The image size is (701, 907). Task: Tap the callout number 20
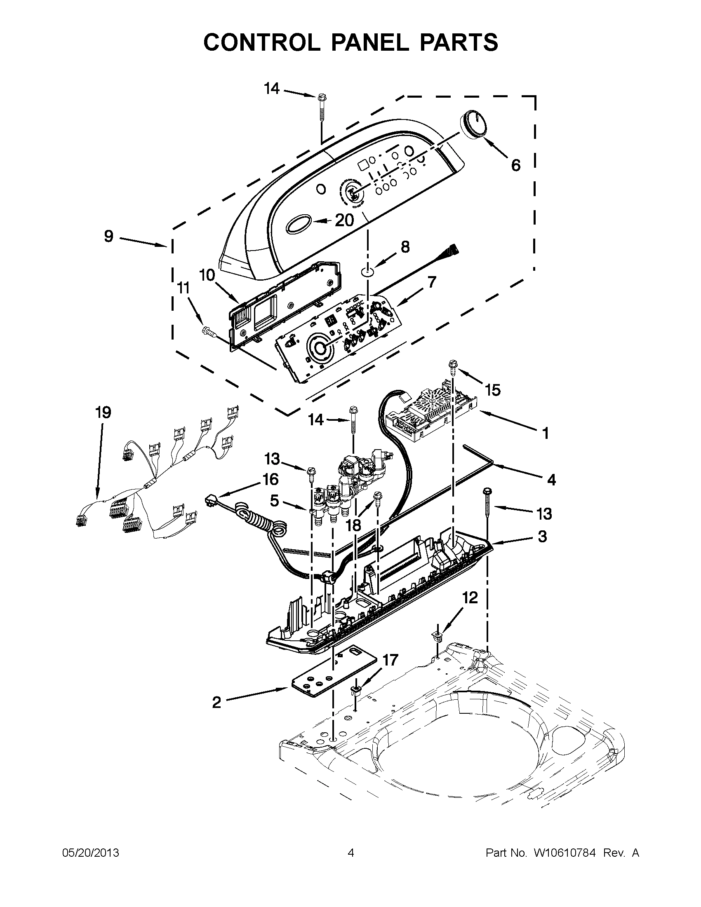(344, 220)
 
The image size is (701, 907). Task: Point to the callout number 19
(103, 413)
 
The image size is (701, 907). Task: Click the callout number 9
(108, 236)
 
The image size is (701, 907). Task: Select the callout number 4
(551, 480)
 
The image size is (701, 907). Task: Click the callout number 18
(354, 525)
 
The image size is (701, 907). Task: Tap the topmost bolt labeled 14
(321, 99)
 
